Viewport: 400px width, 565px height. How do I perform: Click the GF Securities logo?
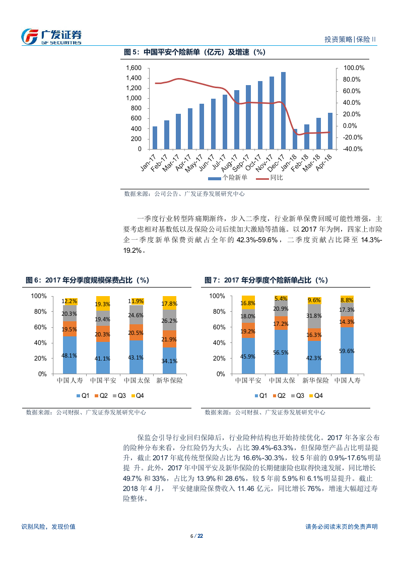click(x=51, y=37)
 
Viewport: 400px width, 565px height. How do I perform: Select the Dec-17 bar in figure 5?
click(x=283, y=111)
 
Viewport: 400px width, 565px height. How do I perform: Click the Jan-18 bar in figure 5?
click(x=295, y=139)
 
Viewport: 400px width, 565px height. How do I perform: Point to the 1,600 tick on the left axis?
click(x=134, y=68)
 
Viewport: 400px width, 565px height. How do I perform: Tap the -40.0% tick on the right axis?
click(x=353, y=149)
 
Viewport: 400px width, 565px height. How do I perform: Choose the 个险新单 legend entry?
click(x=228, y=178)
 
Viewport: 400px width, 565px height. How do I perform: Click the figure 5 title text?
click(x=194, y=52)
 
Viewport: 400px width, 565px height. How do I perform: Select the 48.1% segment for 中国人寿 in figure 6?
click(x=70, y=355)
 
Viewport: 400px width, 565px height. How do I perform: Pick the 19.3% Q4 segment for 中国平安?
click(x=103, y=304)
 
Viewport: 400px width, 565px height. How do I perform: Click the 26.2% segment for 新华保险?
click(x=169, y=320)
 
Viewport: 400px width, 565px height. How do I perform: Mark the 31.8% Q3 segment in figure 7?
click(x=314, y=316)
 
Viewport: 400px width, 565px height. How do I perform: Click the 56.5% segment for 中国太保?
click(x=281, y=352)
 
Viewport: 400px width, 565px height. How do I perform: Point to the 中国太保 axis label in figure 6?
click(x=136, y=380)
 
